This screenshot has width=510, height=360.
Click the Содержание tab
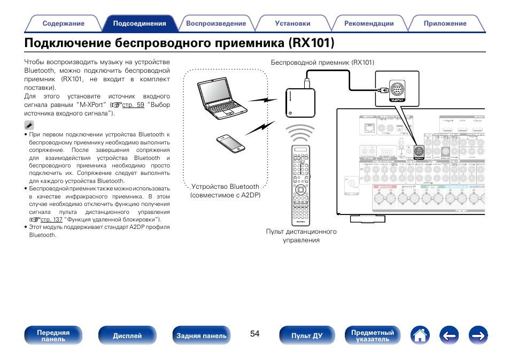[x=63, y=24]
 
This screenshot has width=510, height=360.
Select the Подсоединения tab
[x=140, y=24]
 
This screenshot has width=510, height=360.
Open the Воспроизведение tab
[x=216, y=24]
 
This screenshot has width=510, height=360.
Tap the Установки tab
[x=292, y=24]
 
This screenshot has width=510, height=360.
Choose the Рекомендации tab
[x=369, y=24]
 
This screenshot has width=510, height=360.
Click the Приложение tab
[x=445, y=24]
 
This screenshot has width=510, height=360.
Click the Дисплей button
[x=127, y=336]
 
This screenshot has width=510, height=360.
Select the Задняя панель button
[x=202, y=336]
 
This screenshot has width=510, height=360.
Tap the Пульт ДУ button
[x=306, y=336]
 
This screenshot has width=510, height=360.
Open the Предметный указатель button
[x=373, y=336]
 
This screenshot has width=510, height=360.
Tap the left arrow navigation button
[x=450, y=335]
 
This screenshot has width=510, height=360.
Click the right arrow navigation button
[x=478, y=335]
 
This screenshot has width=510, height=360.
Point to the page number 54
[x=254, y=334]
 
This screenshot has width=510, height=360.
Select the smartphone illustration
[x=230, y=143]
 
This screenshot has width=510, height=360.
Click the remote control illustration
[x=301, y=185]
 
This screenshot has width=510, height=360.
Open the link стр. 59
[x=133, y=105]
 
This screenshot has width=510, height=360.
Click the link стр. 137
[x=51, y=219]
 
